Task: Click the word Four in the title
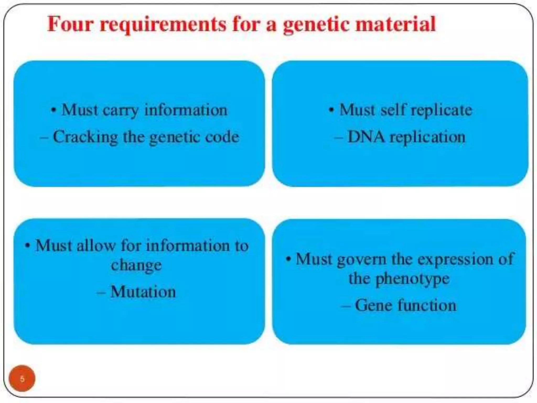click(70, 24)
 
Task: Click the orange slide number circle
click(22, 378)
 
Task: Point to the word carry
click(120, 110)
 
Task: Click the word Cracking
click(85, 137)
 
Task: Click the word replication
click(427, 137)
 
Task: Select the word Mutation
click(143, 291)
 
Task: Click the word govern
click(362, 259)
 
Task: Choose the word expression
click(455, 259)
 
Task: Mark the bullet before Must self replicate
click(331, 110)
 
